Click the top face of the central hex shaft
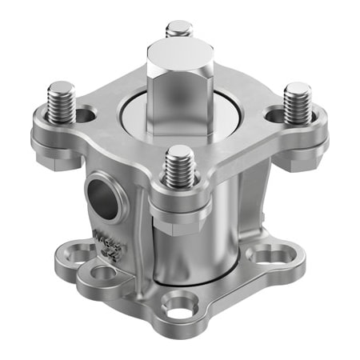(180, 58)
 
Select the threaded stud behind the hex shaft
(179, 30)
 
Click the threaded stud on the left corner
(61, 102)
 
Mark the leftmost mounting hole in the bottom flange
(80, 255)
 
